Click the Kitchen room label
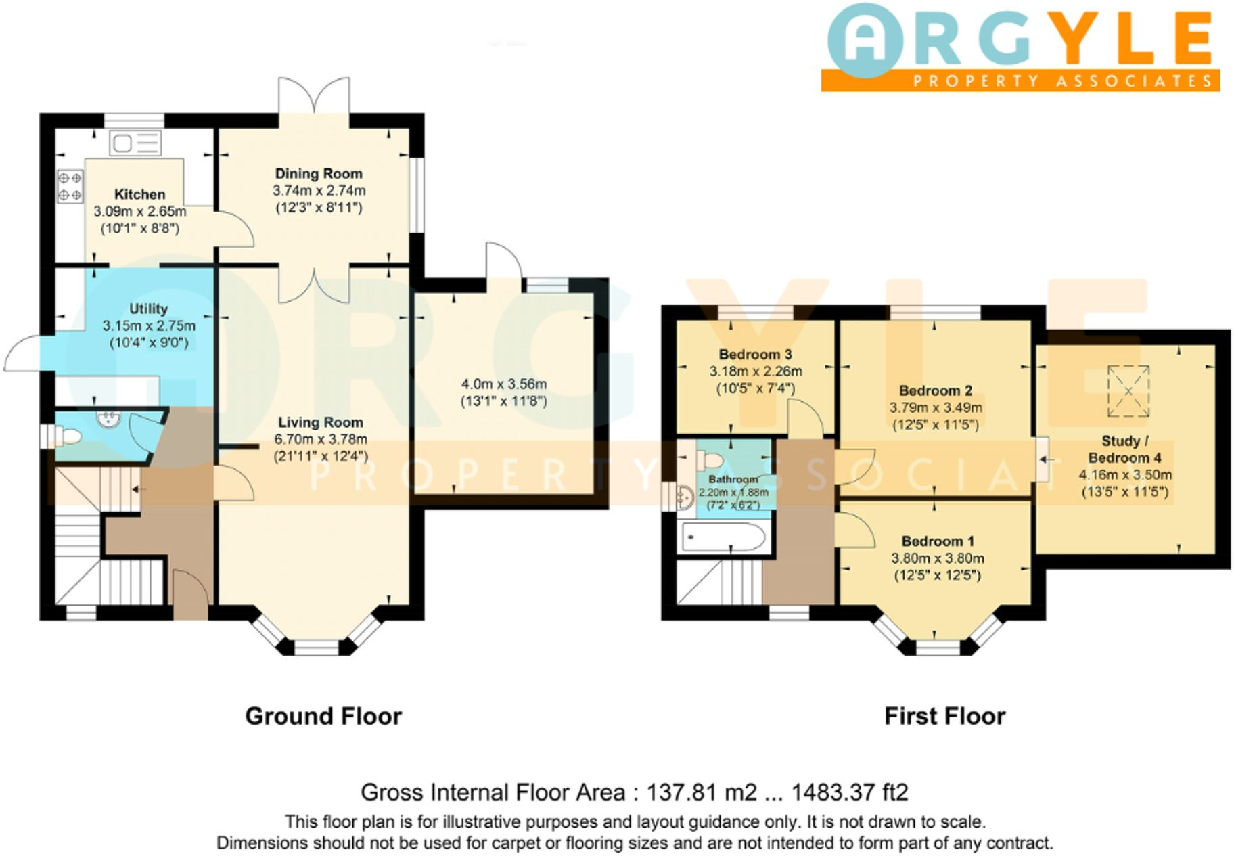point(139,195)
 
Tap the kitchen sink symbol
point(135,143)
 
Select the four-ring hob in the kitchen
point(70,186)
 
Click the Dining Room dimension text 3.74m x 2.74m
point(319,191)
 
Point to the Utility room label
point(148,309)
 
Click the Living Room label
point(320,422)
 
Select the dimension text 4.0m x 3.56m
point(503,384)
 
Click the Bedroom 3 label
point(755,355)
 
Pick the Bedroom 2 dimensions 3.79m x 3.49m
point(935,408)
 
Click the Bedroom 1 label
point(938,541)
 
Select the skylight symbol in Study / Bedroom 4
point(1128,391)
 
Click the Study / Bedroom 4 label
point(1124,449)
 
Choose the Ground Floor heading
point(323,716)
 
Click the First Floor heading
point(944,716)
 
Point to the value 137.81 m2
point(701,792)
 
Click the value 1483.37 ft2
point(850,792)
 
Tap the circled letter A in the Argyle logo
point(865,40)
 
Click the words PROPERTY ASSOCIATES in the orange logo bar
point(1061,81)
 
